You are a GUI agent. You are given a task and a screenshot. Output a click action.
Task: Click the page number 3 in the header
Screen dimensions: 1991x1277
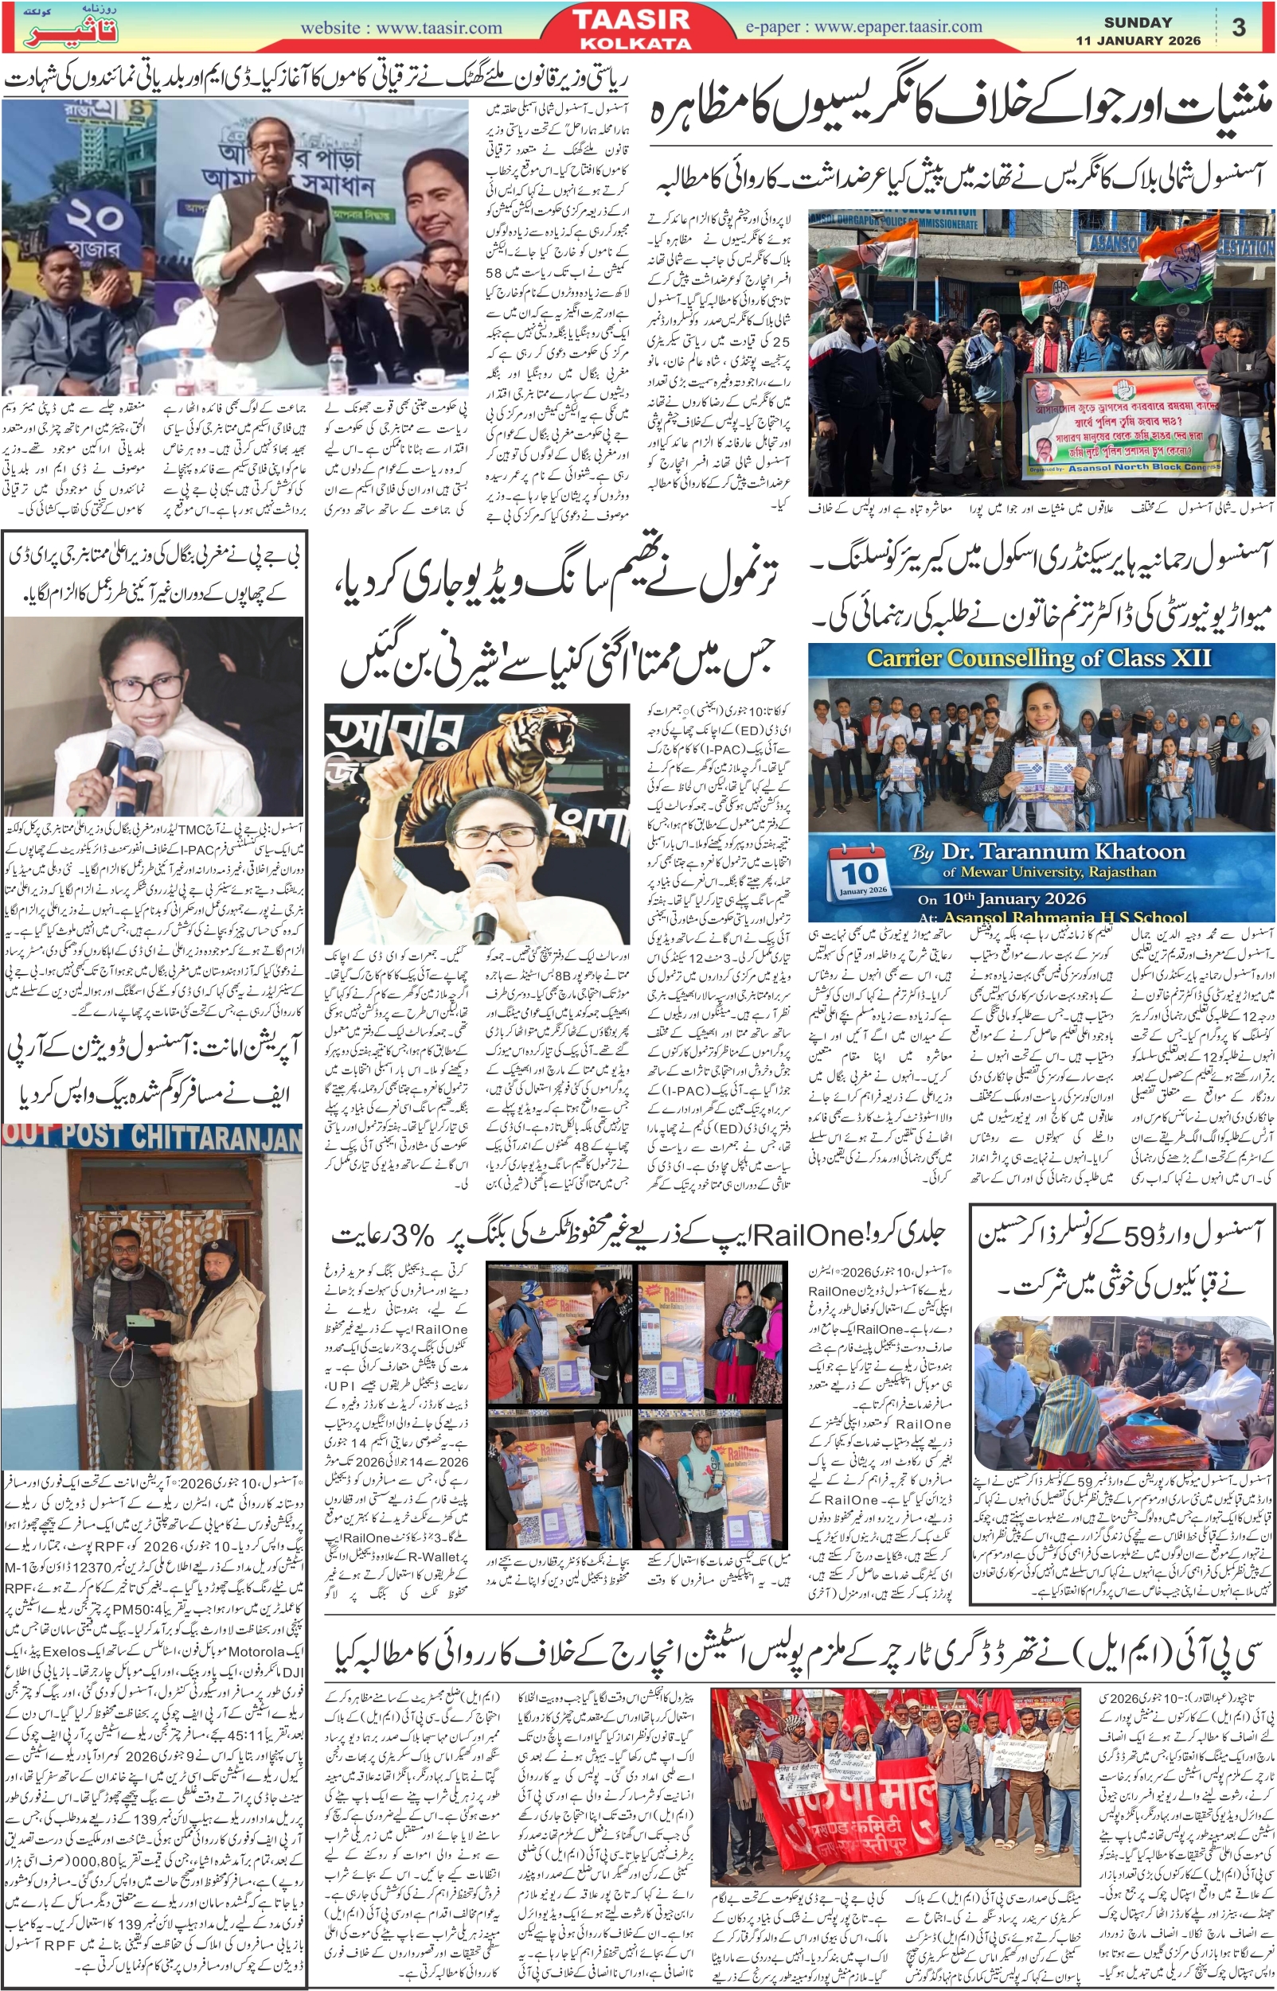1239,27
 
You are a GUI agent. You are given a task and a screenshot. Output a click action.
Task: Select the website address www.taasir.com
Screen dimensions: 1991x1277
401,28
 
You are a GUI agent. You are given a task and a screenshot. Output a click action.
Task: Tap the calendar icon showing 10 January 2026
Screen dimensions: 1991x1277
860,873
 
